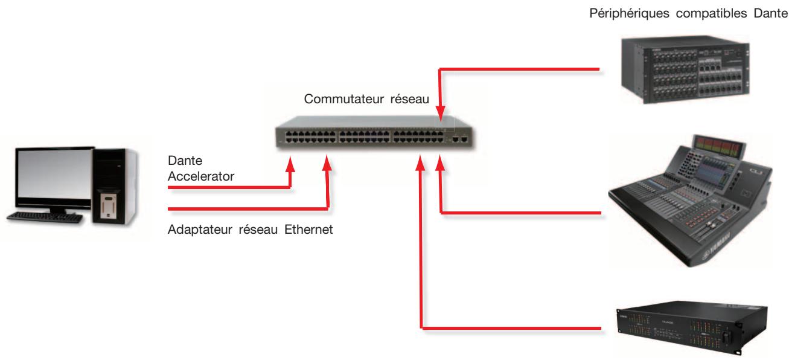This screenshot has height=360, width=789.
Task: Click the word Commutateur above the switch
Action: click(343, 99)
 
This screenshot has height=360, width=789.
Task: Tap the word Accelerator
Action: click(201, 176)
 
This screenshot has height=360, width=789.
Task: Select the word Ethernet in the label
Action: click(308, 230)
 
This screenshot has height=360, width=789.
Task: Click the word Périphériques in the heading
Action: click(629, 14)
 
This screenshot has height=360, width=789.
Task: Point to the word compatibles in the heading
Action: click(711, 14)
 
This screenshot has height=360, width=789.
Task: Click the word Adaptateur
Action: click(200, 230)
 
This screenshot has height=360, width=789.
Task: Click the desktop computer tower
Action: click(115, 186)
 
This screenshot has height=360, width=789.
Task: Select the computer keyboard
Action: click(45, 217)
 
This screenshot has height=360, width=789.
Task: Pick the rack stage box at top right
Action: click(685, 69)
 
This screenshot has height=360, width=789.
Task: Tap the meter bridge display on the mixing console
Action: click(718, 146)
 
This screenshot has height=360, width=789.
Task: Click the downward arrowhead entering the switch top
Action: click(440, 113)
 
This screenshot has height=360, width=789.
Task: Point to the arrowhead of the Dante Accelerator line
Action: click(290, 164)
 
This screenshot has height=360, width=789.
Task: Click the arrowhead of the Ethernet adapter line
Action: click(327, 163)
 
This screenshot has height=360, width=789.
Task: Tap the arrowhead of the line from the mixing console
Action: click(440, 163)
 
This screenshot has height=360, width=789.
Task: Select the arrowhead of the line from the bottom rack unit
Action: click(420, 163)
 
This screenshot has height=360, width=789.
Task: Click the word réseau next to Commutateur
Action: click(410, 99)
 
